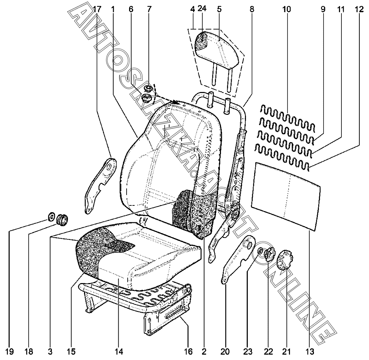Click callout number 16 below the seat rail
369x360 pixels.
188,351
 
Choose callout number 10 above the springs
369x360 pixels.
287,9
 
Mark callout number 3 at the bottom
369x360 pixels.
50,351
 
